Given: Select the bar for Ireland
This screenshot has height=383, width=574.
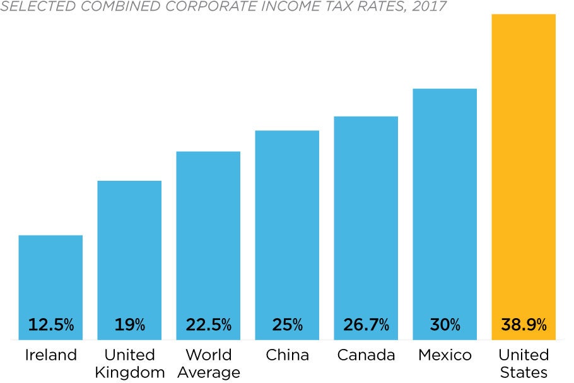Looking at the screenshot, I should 50,277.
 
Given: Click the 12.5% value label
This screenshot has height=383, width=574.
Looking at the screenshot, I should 50,325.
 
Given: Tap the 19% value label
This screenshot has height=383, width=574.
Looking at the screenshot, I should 129,325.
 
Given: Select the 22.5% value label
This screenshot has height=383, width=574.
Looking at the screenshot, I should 208,325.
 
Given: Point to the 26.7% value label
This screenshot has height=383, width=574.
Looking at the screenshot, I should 366,325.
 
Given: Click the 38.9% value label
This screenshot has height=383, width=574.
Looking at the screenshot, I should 524,325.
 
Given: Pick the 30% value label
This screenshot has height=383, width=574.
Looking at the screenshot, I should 445,325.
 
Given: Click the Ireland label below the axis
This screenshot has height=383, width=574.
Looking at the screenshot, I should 50,355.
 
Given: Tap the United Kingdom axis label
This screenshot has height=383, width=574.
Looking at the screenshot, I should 129,363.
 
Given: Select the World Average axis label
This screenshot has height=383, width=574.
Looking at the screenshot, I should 208,363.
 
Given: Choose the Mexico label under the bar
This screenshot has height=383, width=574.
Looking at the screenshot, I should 445,355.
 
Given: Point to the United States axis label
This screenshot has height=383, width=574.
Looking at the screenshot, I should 524,363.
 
